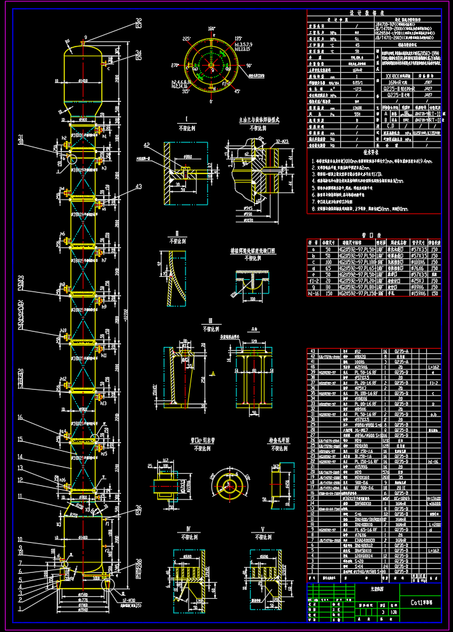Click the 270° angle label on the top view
(x=173, y=65)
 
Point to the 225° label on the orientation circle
(x=186, y=39)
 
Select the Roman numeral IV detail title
(x=189, y=529)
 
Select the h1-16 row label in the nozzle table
(x=313, y=293)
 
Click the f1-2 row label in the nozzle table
(x=313, y=281)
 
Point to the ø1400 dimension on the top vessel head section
(x=83, y=82)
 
